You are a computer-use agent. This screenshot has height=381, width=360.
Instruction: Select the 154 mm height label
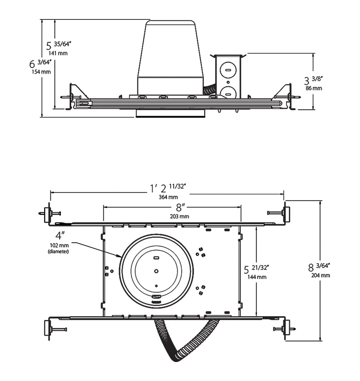[x=41, y=72]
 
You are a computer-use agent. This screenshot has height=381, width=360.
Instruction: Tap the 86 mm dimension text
[x=314, y=88]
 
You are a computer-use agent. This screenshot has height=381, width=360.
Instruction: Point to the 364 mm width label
[x=168, y=197]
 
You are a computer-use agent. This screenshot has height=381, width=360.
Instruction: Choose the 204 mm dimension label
[x=321, y=275]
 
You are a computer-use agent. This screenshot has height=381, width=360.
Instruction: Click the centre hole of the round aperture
[x=156, y=270]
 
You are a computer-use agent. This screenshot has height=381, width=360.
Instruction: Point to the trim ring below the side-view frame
[x=170, y=113]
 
